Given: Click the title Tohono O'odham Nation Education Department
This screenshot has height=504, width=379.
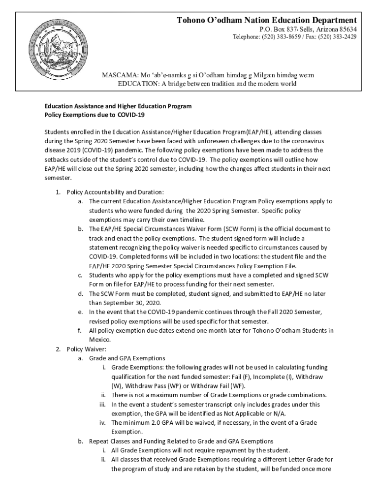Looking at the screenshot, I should [267, 20].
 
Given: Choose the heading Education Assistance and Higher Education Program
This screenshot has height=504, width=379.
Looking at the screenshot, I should [118, 106].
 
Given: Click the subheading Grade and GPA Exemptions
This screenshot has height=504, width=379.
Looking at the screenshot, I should [127, 358].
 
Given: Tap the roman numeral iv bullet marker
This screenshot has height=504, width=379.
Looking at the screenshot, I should [103, 423].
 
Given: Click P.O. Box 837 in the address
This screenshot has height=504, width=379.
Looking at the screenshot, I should [276, 29].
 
